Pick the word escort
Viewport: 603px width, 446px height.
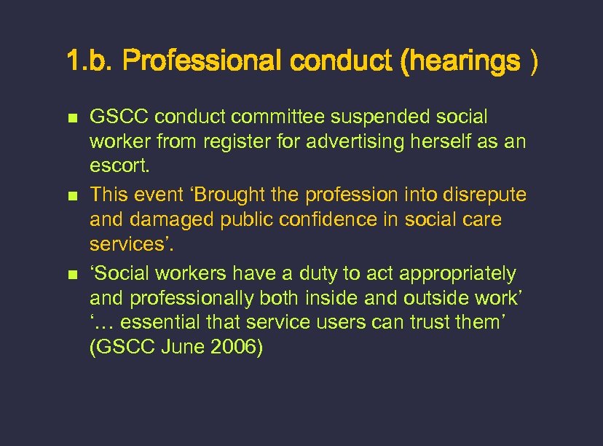click(119, 166)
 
